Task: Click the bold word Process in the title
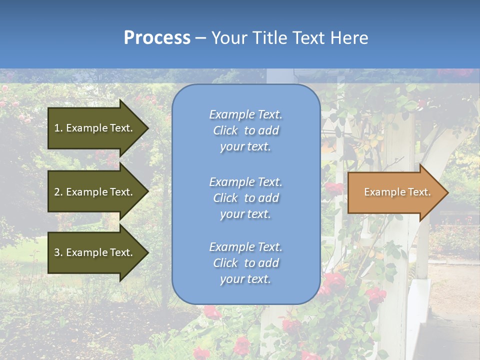pyautogui.click(x=157, y=38)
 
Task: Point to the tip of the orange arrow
pyautogui.click(x=446, y=192)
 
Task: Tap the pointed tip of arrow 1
pyautogui.click(x=146, y=128)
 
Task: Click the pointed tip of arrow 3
pyautogui.click(x=146, y=252)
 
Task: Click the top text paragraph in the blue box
pyautogui.click(x=245, y=130)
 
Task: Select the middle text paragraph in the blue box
pyautogui.click(x=245, y=198)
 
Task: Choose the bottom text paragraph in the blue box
pyautogui.click(x=245, y=263)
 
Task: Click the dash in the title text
pyautogui.click(x=200, y=38)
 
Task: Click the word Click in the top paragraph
pyautogui.click(x=225, y=130)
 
